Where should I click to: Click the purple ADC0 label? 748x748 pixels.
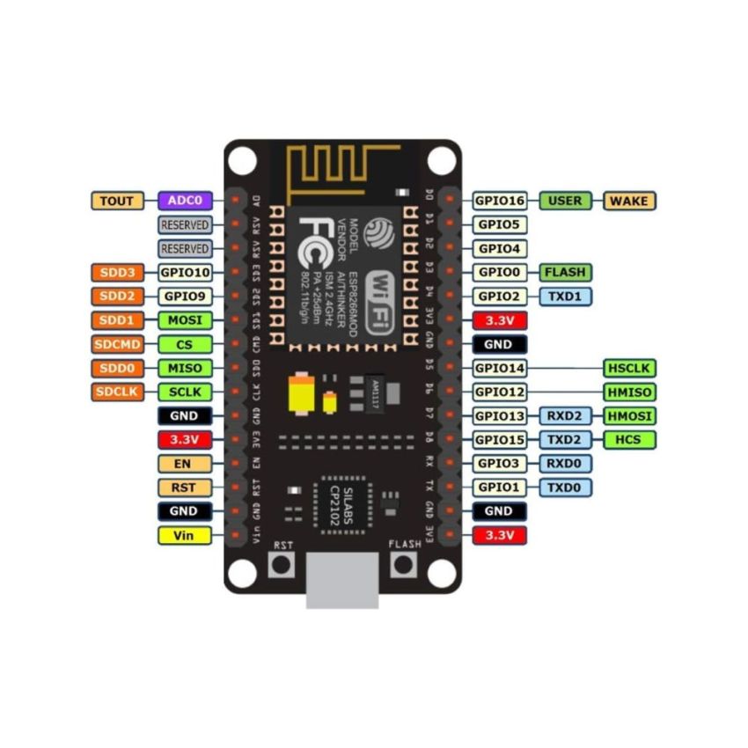click(185, 201)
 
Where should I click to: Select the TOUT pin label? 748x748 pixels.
click(117, 201)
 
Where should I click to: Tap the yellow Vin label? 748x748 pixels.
click(185, 535)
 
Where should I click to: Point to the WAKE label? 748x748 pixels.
click(629, 201)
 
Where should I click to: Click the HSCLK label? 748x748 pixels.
click(629, 368)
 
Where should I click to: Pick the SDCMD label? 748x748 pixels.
click(117, 344)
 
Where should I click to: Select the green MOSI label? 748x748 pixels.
click(185, 320)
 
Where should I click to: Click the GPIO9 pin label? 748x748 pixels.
click(185, 297)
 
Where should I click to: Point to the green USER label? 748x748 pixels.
click(565, 201)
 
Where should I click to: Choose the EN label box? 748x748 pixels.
click(185, 463)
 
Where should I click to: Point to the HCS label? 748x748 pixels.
click(629, 439)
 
